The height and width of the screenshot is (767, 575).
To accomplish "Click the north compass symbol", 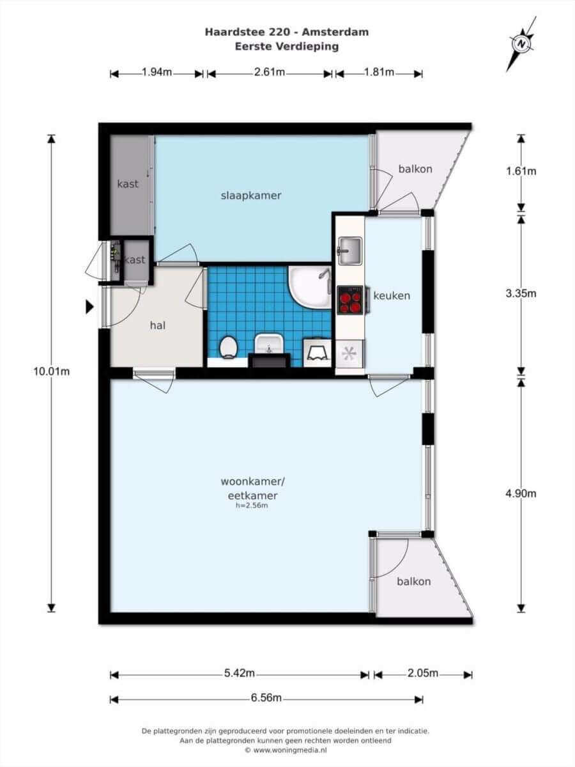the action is click(521, 44).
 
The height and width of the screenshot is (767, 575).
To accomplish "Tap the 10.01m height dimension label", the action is click(51, 371).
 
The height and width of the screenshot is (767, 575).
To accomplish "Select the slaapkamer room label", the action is click(251, 196).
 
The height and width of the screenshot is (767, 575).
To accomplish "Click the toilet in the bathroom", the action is click(229, 347).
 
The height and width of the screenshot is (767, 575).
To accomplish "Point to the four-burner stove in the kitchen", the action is click(351, 300).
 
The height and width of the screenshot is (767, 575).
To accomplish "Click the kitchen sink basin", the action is click(350, 250).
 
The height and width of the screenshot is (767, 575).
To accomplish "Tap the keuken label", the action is click(392, 296).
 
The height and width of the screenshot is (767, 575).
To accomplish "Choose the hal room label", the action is click(157, 326).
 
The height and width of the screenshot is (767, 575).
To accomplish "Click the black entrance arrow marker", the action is click(89, 307).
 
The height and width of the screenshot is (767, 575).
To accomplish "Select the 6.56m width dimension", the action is click(266, 698).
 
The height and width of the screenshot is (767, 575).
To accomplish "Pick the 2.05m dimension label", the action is click(423, 673).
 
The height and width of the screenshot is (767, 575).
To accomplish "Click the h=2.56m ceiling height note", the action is click(251, 505).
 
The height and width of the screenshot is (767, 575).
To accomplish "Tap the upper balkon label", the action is click(415, 169).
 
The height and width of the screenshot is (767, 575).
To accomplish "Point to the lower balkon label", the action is click(414, 582).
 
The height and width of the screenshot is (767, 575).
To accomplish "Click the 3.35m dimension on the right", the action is click(521, 293).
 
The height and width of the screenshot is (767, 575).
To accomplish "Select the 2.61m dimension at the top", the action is click(270, 72).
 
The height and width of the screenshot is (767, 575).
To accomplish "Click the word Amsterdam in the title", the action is click(335, 32).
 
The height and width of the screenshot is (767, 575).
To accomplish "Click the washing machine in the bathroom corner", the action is click(318, 352).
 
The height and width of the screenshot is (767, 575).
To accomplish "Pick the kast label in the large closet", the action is click(128, 184).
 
